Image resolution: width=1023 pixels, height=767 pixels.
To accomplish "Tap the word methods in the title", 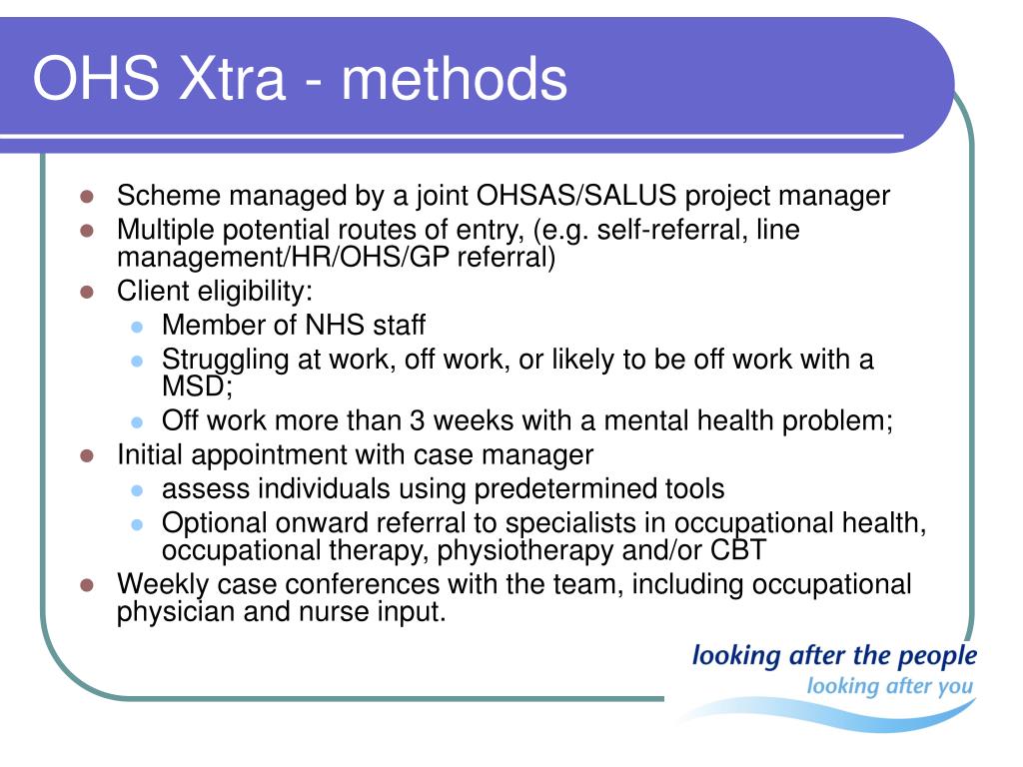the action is pyautogui.click(x=455, y=78).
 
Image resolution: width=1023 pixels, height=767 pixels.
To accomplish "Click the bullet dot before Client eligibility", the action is pyautogui.click(x=87, y=292).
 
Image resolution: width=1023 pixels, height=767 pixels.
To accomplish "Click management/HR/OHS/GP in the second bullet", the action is pyautogui.click(x=283, y=257).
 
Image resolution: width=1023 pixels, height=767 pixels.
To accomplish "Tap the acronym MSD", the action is pyautogui.click(x=194, y=386).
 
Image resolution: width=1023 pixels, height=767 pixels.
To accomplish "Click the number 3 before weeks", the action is pyautogui.click(x=418, y=420).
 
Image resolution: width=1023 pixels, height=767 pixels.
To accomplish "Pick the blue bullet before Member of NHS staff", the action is pyautogui.click(x=136, y=327).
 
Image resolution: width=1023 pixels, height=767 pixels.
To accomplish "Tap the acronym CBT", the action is pyautogui.click(x=738, y=550).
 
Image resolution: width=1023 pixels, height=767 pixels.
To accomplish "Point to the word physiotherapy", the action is pyautogui.click(x=525, y=551).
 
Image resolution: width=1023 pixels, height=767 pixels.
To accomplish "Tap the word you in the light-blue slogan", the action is pyautogui.click(x=955, y=687).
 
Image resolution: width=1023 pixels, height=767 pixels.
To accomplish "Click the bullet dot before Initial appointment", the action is pyautogui.click(x=87, y=455).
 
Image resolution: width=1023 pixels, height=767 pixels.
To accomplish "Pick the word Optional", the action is pyautogui.click(x=215, y=523).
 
